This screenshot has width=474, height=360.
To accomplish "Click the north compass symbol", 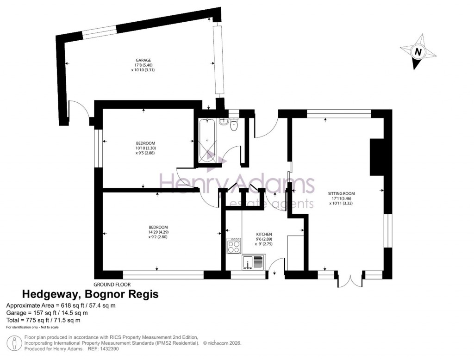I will [x=418, y=52].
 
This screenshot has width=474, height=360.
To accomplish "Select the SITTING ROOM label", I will [x=341, y=193].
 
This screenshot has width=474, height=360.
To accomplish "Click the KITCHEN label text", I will [x=264, y=235].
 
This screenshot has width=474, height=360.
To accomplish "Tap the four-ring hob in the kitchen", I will [x=234, y=246].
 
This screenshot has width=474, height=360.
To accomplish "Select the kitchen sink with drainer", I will [x=252, y=262].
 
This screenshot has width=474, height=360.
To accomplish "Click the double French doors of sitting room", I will [x=350, y=281].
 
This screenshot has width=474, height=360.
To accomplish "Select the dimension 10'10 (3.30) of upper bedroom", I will [x=145, y=148].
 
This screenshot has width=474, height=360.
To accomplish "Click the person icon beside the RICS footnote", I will [x=15, y=343].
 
